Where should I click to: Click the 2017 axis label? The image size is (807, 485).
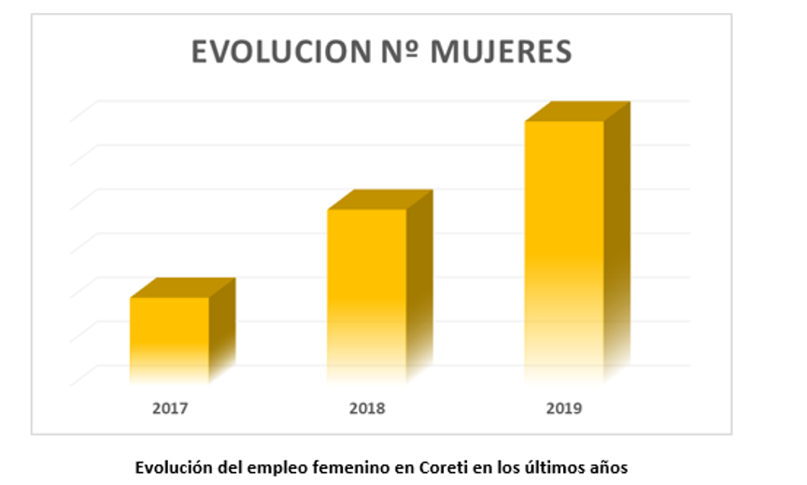pos(169,407)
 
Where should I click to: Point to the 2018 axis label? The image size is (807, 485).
pos(367,407)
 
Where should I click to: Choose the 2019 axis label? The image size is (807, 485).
pos(564,407)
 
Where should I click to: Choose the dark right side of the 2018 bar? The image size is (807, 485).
pos(419,280)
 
